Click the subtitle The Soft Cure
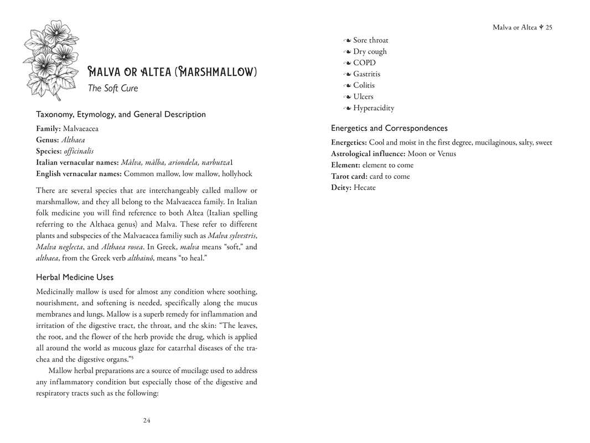click(x=113, y=88)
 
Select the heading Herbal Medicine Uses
click(x=75, y=277)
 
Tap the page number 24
click(x=146, y=420)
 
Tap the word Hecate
click(x=365, y=187)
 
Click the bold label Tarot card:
click(x=349, y=176)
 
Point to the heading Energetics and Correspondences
click(x=389, y=128)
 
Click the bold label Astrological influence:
click(x=368, y=153)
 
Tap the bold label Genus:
click(x=48, y=140)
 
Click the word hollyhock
click(x=237, y=173)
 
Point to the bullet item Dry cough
click(x=370, y=51)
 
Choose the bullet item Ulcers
click(x=363, y=96)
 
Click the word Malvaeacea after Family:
click(x=81, y=128)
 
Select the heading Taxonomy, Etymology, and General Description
click(x=121, y=114)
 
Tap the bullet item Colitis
click(x=364, y=85)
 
